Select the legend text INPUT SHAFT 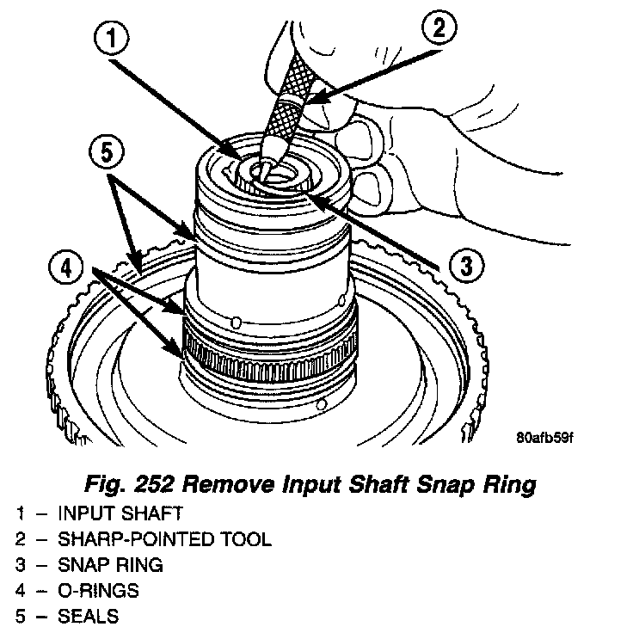[120, 514]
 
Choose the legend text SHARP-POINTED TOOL [165, 540]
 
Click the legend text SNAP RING [110, 566]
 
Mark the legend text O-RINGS [98, 592]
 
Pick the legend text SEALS [89, 618]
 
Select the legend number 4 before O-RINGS [20, 592]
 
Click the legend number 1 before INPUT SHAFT [20, 514]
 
